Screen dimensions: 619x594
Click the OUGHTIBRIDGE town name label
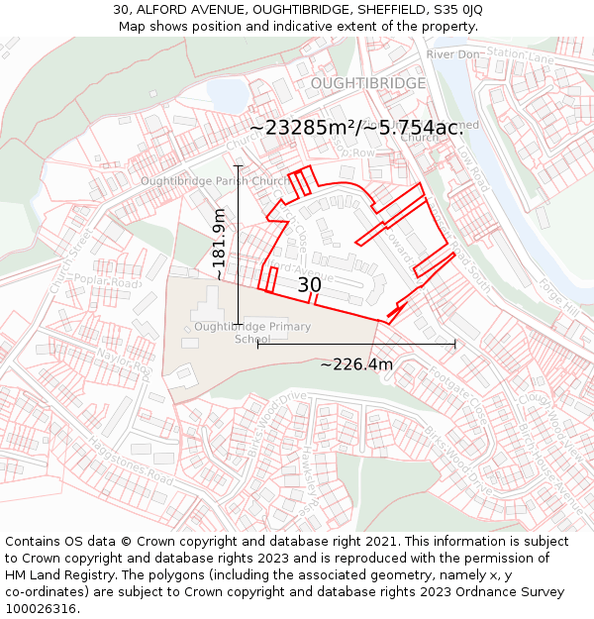click(368, 83)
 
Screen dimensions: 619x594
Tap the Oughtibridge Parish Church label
click(216, 181)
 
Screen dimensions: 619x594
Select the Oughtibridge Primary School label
click(252, 333)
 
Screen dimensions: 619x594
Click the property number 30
click(309, 285)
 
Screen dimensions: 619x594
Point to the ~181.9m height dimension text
click(220, 245)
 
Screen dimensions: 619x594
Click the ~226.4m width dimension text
click(356, 364)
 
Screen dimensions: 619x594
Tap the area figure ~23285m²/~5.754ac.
click(356, 128)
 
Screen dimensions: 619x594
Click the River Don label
click(453, 53)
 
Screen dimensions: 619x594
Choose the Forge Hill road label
click(559, 297)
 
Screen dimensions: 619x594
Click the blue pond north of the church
click(226, 96)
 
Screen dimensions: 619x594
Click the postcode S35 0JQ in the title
click(456, 9)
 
